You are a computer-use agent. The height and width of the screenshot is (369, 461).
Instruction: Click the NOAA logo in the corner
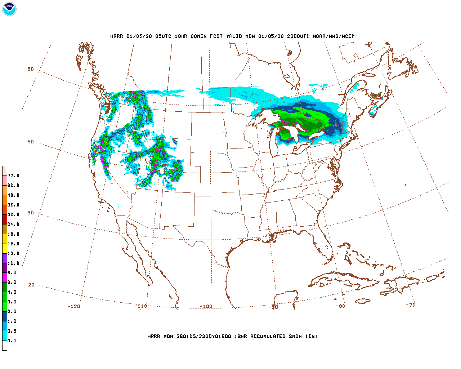point(9,9)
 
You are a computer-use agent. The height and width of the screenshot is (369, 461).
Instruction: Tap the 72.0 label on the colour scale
point(13,176)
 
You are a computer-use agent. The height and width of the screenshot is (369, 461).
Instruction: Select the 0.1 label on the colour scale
point(12,341)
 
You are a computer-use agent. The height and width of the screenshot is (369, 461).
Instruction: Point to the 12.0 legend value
point(13,254)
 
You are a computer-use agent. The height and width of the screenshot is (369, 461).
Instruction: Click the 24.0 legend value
point(13,224)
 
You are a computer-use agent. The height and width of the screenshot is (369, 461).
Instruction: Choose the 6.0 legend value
point(12,283)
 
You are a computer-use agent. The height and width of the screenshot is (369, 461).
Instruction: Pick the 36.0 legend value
point(13,205)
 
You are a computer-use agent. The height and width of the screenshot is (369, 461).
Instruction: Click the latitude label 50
point(31,69)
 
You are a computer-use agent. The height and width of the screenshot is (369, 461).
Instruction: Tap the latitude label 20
point(31,285)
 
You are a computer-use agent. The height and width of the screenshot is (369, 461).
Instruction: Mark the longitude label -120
point(74,307)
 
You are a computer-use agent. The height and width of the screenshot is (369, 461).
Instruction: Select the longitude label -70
point(411,305)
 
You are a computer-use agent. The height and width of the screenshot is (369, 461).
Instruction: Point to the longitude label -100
point(206,307)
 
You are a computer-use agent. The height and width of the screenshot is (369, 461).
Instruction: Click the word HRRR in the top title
point(117,36)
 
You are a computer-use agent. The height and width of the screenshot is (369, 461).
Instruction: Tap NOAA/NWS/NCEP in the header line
point(334,36)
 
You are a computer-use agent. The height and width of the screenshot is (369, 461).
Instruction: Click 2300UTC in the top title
point(298,36)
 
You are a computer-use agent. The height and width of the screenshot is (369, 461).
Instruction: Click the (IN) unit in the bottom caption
point(312,337)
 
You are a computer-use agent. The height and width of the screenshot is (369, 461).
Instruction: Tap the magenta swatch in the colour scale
point(5,278)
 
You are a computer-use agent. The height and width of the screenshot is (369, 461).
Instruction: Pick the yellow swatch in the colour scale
point(5,249)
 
